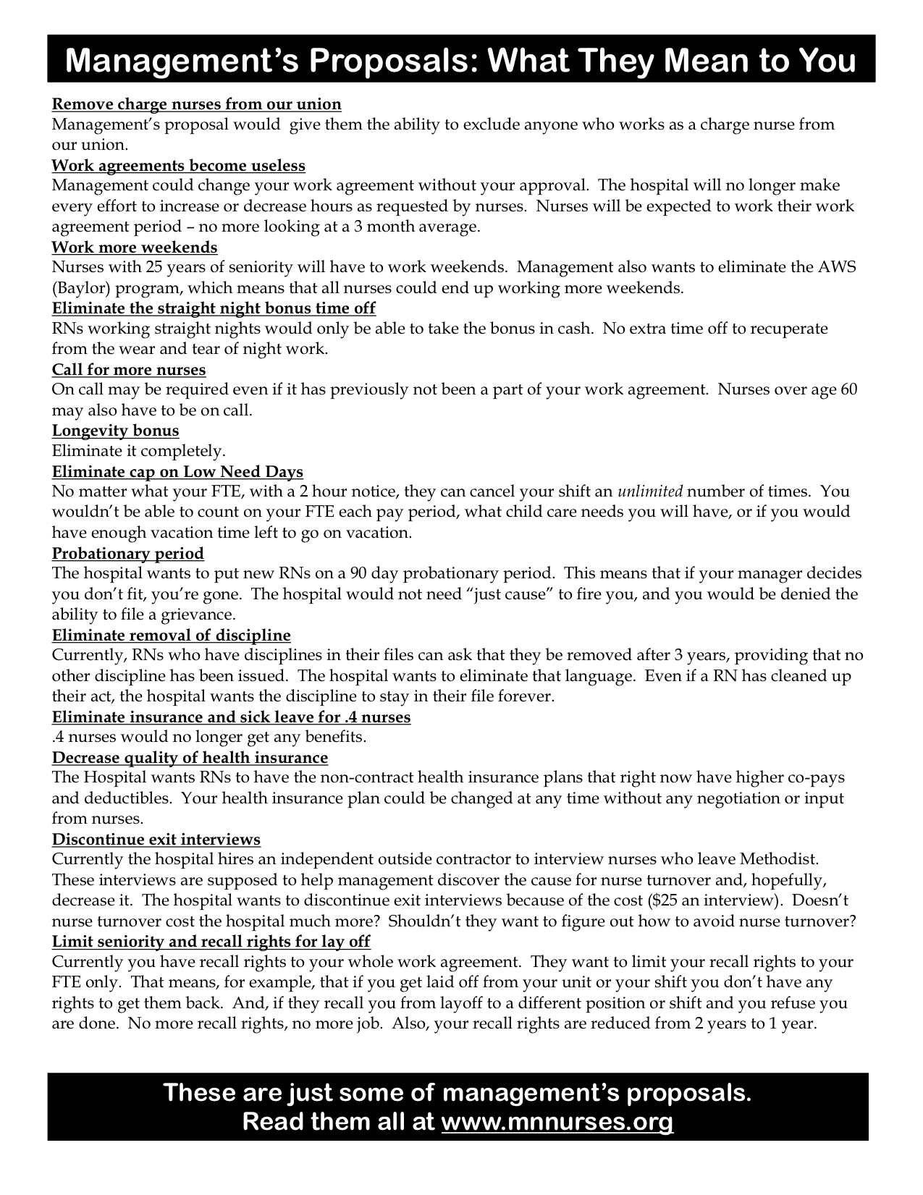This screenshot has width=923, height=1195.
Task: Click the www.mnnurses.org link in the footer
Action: pos(557,1121)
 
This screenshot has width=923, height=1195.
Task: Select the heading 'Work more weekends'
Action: pos(135,248)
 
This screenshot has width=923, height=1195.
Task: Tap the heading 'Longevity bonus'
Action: pos(115,431)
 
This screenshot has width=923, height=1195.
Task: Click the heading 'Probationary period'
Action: pos(127,554)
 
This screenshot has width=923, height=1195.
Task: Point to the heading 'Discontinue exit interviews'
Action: pos(156,840)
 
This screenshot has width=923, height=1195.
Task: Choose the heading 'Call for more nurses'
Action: pos(129,370)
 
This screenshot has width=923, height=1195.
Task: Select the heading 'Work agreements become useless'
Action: pos(178,166)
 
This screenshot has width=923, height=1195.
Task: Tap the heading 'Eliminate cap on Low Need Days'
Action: pos(177,473)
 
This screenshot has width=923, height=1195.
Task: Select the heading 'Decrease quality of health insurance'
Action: pos(190,758)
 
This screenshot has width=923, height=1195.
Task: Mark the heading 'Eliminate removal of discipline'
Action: pos(171,635)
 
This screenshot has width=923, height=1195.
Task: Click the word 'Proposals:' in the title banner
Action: pos(368,62)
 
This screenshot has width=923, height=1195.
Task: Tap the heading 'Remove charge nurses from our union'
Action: pos(196,104)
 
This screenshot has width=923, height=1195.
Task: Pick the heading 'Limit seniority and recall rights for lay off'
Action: pos(211,942)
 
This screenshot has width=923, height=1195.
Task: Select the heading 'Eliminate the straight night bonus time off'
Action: pos(214,308)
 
